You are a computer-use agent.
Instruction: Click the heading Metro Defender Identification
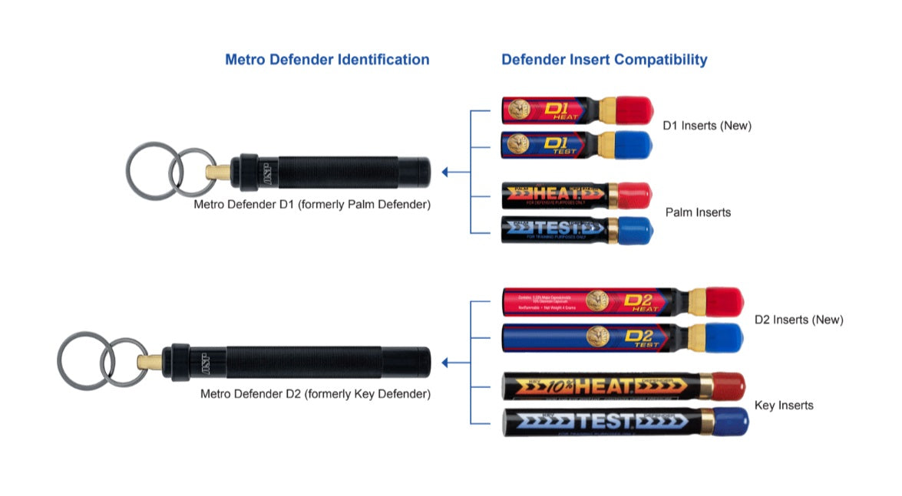(327, 60)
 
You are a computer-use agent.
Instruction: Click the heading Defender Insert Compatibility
(604, 60)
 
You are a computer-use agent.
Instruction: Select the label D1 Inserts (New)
(707, 126)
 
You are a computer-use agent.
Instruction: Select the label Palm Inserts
(698, 212)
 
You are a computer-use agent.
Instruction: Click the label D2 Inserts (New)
(798, 320)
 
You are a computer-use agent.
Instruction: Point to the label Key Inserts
(784, 405)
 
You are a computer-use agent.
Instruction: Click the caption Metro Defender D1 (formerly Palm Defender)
(312, 205)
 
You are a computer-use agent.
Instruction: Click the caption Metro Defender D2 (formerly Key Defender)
(316, 394)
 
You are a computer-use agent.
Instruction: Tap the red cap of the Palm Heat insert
(635, 195)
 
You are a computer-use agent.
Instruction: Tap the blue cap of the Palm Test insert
(635, 230)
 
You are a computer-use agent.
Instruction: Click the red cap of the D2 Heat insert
(725, 301)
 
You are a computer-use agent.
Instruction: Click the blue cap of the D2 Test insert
(725, 337)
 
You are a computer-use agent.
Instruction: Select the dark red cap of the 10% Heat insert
(727, 386)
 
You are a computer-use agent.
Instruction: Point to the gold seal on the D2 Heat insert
(598, 301)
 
